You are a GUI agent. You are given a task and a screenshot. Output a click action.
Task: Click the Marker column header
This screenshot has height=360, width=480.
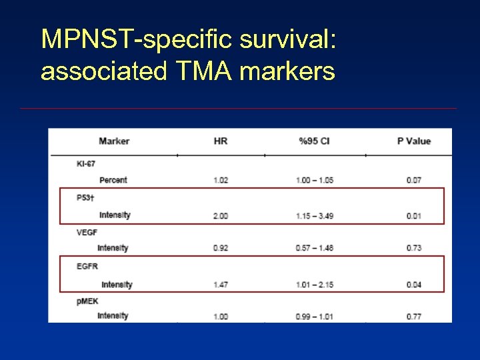pyautogui.click(x=114, y=141)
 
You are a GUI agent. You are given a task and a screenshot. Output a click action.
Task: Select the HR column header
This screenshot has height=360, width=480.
pyautogui.click(x=221, y=141)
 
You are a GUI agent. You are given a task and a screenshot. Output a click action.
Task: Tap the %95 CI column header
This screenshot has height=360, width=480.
pyautogui.click(x=314, y=141)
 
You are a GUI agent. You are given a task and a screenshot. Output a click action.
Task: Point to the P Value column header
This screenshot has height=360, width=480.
pyautogui.click(x=414, y=141)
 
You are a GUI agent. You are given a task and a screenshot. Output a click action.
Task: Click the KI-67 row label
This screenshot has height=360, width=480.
pyautogui.click(x=86, y=164)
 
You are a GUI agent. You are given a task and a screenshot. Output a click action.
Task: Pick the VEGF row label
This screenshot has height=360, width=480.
pyautogui.click(x=87, y=233)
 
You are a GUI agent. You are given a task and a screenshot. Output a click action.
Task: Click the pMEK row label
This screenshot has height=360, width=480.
pyautogui.click(x=87, y=301)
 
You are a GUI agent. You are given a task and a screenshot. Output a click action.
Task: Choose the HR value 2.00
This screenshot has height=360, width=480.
pyautogui.click(x=221, y=216)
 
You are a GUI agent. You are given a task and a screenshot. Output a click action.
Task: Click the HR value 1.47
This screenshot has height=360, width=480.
pyautogui.click(x=221, y=285)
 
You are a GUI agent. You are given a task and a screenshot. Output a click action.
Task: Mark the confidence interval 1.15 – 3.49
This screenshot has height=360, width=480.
pyautogui.click(x=315, y=216)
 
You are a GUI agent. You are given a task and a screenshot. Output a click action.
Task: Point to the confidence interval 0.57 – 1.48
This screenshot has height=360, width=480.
pyautogui.click(x=315, y=248)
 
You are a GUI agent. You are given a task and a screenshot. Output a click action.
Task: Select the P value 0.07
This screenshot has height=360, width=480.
pyautogui.click(x=414, y=180)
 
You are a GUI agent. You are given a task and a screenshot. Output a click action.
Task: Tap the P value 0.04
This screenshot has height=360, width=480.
pyautogui.click(x=414, y=285)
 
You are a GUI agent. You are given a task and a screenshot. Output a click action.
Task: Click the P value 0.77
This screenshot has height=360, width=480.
pyautogui.click(x=414, y=316)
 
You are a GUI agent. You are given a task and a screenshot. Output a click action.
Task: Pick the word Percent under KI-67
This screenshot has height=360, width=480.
pyautogui.click(x=113, y=180)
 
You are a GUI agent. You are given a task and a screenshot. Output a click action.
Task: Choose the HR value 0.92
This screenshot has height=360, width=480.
pyautogui.click(x=221, y=248)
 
